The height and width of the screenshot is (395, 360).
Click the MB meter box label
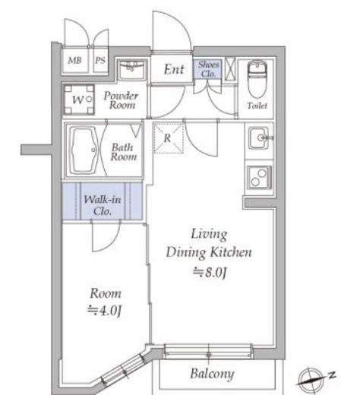(x=74, y=60)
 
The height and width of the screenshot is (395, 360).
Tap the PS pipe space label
(x=100, y=60)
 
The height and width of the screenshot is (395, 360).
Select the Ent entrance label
(x=174, y=69)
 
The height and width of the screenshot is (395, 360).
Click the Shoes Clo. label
(x=208, y=69)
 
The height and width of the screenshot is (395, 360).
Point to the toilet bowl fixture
(x=257, y=79)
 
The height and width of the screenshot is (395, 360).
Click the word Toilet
(x=257, y=106)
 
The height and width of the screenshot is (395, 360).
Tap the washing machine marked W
(x=79, y=100)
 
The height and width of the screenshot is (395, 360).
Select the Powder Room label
(x=122, y=100)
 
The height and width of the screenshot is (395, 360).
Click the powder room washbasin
(x=131, y=69)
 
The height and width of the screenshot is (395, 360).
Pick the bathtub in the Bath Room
(x=84, y=150)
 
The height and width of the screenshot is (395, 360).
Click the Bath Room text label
(x=123, y=152)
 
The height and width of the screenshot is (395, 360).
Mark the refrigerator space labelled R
(x=169, y=138)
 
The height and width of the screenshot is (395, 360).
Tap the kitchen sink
(x=260, y=138)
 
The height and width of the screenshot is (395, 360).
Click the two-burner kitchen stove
(x=259, y=177)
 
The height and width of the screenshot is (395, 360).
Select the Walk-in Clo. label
(x=103, y=205)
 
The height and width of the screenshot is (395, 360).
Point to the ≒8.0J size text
(x=210, y=273)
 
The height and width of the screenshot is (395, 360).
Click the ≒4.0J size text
(x=105, y=311)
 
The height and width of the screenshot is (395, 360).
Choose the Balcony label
(x=212, y=374)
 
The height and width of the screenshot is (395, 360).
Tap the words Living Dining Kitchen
(x=209, y=243)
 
